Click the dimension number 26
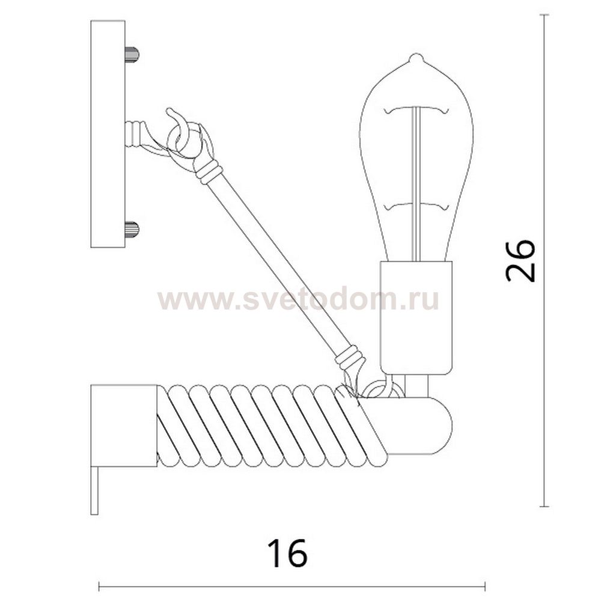pos(520,261)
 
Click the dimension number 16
pos(287,553)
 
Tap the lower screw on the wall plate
pos(132,230)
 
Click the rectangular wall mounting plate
pos(108,134)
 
